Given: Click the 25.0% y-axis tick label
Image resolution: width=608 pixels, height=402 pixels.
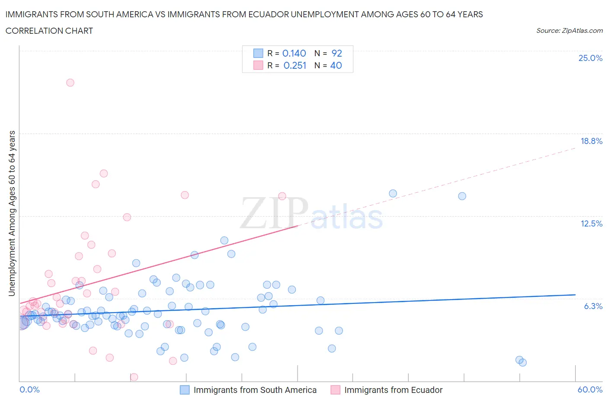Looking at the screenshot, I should pyautogui.click(x=590, y=58).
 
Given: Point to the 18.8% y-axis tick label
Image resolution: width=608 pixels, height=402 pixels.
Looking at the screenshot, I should pyautogui.click(x=591, y=141).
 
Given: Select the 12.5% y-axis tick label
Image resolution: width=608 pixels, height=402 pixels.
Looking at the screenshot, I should pyautogui.click(x=591, y=223).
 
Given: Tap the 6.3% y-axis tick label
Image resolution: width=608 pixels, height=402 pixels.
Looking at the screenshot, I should pyautogui.click(x=593, y=306).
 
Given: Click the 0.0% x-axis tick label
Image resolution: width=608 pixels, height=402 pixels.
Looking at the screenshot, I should pyautogui.click(x=29, y=389).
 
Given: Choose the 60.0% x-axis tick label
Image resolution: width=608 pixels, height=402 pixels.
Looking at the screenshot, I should pyautogui.click(x=590, y=389).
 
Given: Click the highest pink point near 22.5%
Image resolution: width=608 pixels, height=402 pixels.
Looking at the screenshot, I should pyautogui.click(x=70, y=83).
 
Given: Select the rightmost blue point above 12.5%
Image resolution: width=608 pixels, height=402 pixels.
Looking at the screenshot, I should pyautogui.click(x=462, y=196).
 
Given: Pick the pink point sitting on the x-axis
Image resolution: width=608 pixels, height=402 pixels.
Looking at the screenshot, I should pyautogui.click(x=134, y=377).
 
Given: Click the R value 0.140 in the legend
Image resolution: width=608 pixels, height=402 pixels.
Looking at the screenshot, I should pyautogui.click(x=294, y=53).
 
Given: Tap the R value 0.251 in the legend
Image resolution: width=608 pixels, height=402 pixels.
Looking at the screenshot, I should pyautogui.click(x=294, y=65).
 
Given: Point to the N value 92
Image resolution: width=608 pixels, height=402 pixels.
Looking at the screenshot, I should pyautogui.click(x=336, y=53).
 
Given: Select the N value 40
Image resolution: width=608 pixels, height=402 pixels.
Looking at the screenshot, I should pyautogui.click(x=336, y=65).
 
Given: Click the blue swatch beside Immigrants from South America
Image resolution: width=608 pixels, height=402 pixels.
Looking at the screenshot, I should pyautogui.click(x=185, y=390).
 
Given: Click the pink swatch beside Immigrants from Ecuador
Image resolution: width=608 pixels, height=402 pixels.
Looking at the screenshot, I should pyautogui.click(x=335, y=390).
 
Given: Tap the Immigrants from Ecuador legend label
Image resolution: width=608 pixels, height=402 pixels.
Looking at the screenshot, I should pyautogui.click(x=393, y=390).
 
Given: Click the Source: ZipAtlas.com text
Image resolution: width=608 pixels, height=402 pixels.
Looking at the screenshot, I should pyautogui.click(x=569, y=31).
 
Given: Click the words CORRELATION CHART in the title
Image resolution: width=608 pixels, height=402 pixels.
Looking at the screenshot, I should pyautogui.click(x=49, y=31).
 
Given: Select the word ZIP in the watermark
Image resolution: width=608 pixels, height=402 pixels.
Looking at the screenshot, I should pyautogui.click(x=274, y=213).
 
